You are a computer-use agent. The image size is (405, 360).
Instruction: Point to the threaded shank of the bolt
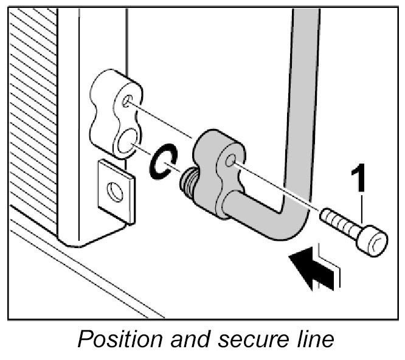coord(341,223)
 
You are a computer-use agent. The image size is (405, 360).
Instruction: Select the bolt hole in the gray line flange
coord(231,161)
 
